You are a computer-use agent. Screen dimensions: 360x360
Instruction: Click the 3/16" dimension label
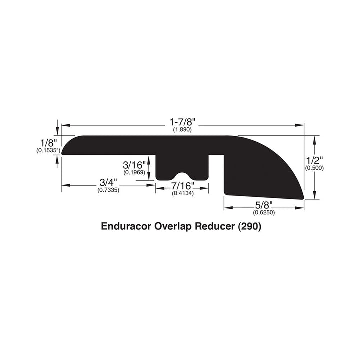point(133,165)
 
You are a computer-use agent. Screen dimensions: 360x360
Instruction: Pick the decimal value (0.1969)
point(133,173)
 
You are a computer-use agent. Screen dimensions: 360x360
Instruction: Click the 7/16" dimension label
point(182,186)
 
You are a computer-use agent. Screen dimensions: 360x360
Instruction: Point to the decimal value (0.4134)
point(182,194)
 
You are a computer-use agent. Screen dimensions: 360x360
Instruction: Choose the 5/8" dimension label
point(263,204)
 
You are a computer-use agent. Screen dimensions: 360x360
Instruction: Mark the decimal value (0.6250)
point(263,212)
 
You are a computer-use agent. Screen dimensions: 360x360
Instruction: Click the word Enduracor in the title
point(127,226)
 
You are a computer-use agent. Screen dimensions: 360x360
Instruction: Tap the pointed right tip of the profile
point(303,196)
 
